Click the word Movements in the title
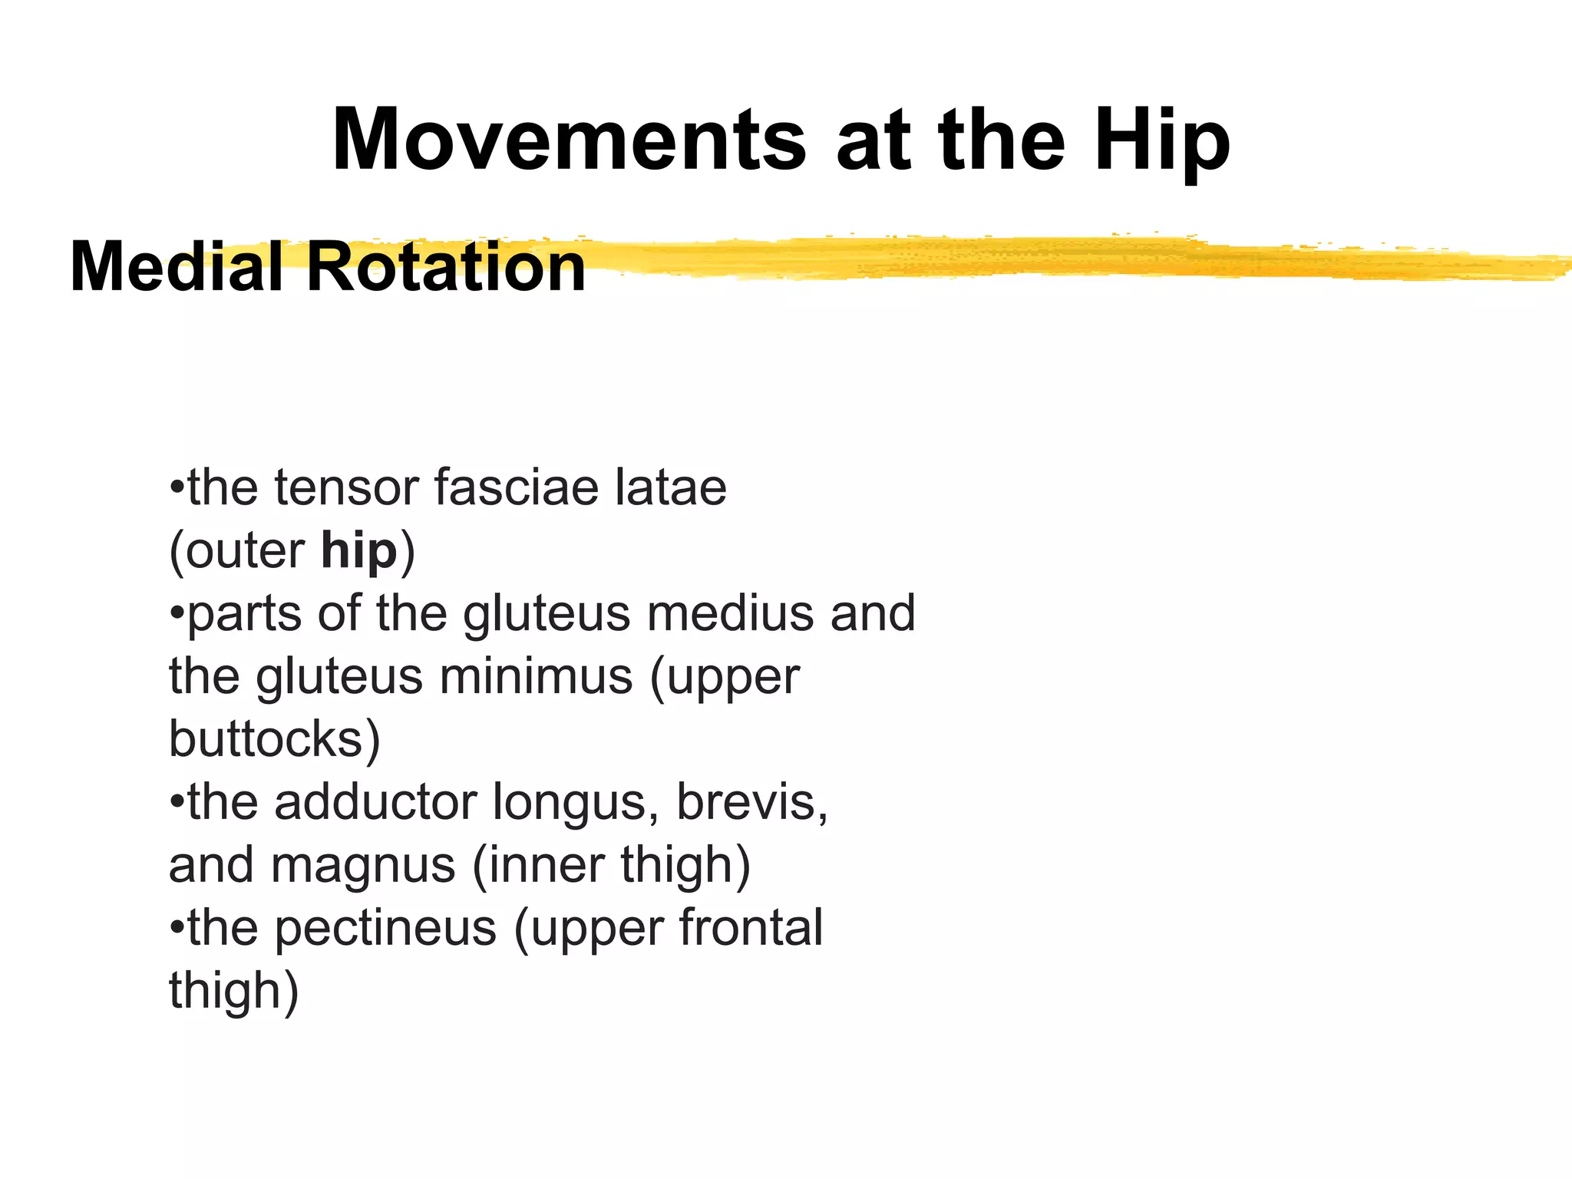(x=568, y=140)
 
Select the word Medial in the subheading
(x=176, y=267)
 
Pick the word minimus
(x=536, y=676)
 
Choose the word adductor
(x=375, y=802)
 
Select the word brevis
(x=751, y=802)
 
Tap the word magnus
(x=363, y=865)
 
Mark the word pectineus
(x=385, y=928)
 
